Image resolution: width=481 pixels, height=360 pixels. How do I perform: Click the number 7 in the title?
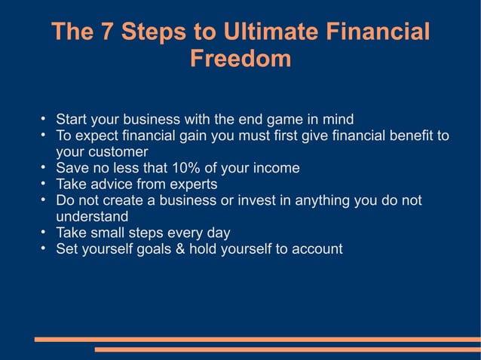click(x=105, y=32)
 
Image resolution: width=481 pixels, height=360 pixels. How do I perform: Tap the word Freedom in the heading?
click(x=240, y=59)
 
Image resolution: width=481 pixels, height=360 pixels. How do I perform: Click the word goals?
click(x=171, y=249)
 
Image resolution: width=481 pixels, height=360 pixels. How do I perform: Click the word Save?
click(x=72, y=168)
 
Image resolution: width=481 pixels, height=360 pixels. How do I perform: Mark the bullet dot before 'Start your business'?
click(x=44, y=118)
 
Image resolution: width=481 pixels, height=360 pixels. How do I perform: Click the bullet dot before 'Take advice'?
click(x=44, y=183)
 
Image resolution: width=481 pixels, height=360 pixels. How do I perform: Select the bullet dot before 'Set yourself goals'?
click(x=44, y=248)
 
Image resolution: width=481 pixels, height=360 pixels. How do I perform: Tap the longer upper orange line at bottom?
click(x=256, y=340)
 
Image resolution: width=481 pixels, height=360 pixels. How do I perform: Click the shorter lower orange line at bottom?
click(x=286, y=349)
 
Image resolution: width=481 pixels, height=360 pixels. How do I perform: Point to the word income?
click(x=276, y=168)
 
